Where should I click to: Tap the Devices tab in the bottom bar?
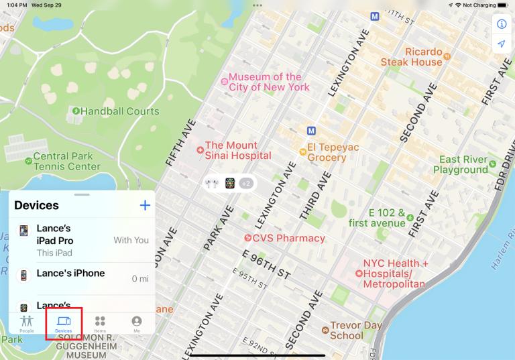point(64,324)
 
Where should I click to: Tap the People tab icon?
point(27,324)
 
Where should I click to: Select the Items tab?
point(100,324)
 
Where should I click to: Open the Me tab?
point(137,324)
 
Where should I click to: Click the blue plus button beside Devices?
point(144,205)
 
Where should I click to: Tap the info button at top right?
point(501,24)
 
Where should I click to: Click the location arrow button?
point(501,44)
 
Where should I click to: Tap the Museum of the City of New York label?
point(265,82)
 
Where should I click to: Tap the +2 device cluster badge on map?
point(246,183)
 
